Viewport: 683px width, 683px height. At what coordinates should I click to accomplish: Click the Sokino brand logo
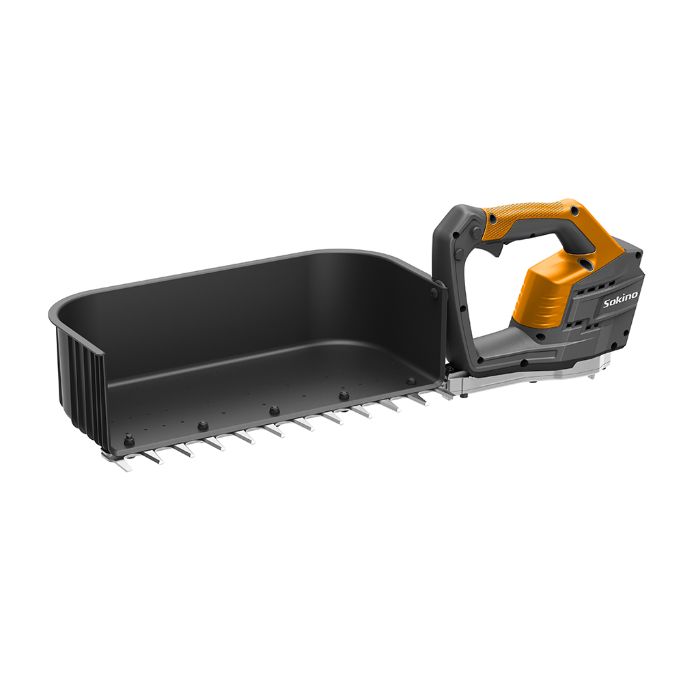[620, 300]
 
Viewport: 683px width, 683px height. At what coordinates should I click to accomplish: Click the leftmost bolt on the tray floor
[128, 438]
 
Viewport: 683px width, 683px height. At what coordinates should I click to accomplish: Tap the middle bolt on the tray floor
[274, 409]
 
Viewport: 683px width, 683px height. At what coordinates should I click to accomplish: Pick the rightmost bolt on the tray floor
[410, 381]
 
